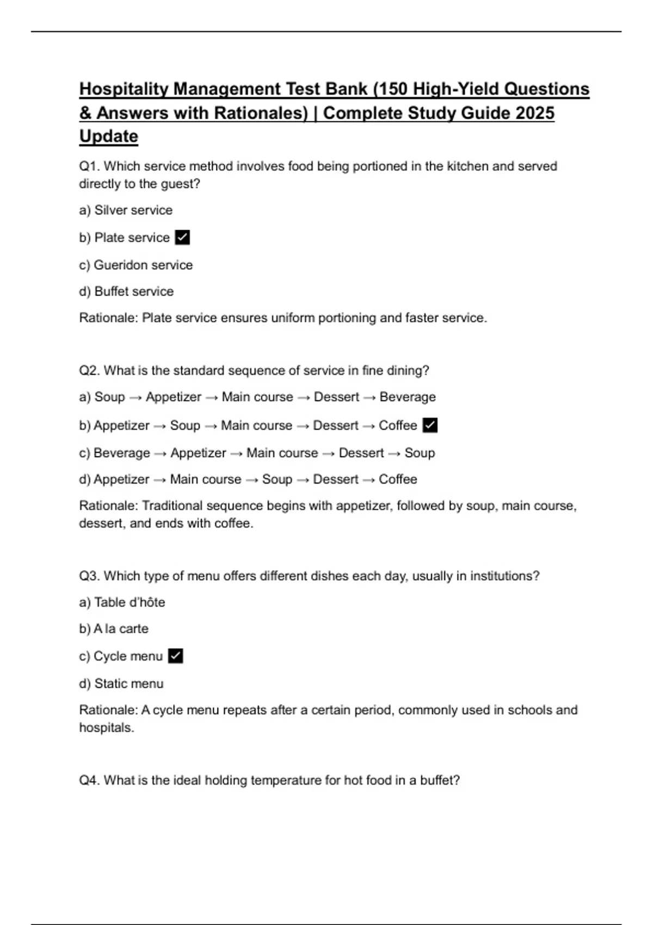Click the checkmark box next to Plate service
182,238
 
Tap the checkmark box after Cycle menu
175,656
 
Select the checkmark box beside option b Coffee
430,425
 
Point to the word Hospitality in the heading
124,89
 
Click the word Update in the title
108,136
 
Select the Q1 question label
89,166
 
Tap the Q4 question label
89,780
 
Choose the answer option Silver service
126,210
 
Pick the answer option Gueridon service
135,265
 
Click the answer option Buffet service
126,292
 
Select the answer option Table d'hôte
122,602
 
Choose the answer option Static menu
121,683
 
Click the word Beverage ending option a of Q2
408,397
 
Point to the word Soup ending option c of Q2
420,453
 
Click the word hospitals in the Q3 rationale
106,727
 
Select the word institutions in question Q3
504,576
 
